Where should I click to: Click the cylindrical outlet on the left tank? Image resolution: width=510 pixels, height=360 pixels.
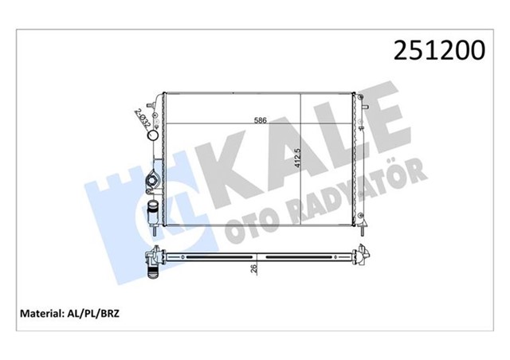(x=154, y=213)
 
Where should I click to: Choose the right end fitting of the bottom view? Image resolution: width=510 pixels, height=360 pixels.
(x=363, y=256)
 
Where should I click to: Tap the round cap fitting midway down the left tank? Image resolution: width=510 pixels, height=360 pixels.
(x=152, y=185)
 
